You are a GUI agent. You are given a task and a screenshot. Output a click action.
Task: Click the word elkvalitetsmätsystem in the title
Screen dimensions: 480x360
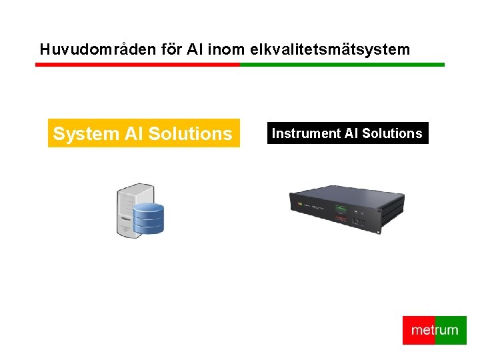[x=330, y=49]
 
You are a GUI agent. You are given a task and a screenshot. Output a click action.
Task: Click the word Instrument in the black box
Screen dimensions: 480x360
[x=306, y=133]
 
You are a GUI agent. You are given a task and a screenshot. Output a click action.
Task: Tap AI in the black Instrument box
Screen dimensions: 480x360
[x=351, y=133]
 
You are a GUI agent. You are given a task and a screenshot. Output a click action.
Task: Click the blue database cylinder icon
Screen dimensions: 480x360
[x=148, y=219]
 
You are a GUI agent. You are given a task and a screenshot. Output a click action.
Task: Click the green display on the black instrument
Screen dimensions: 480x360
[x=341, y=209]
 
